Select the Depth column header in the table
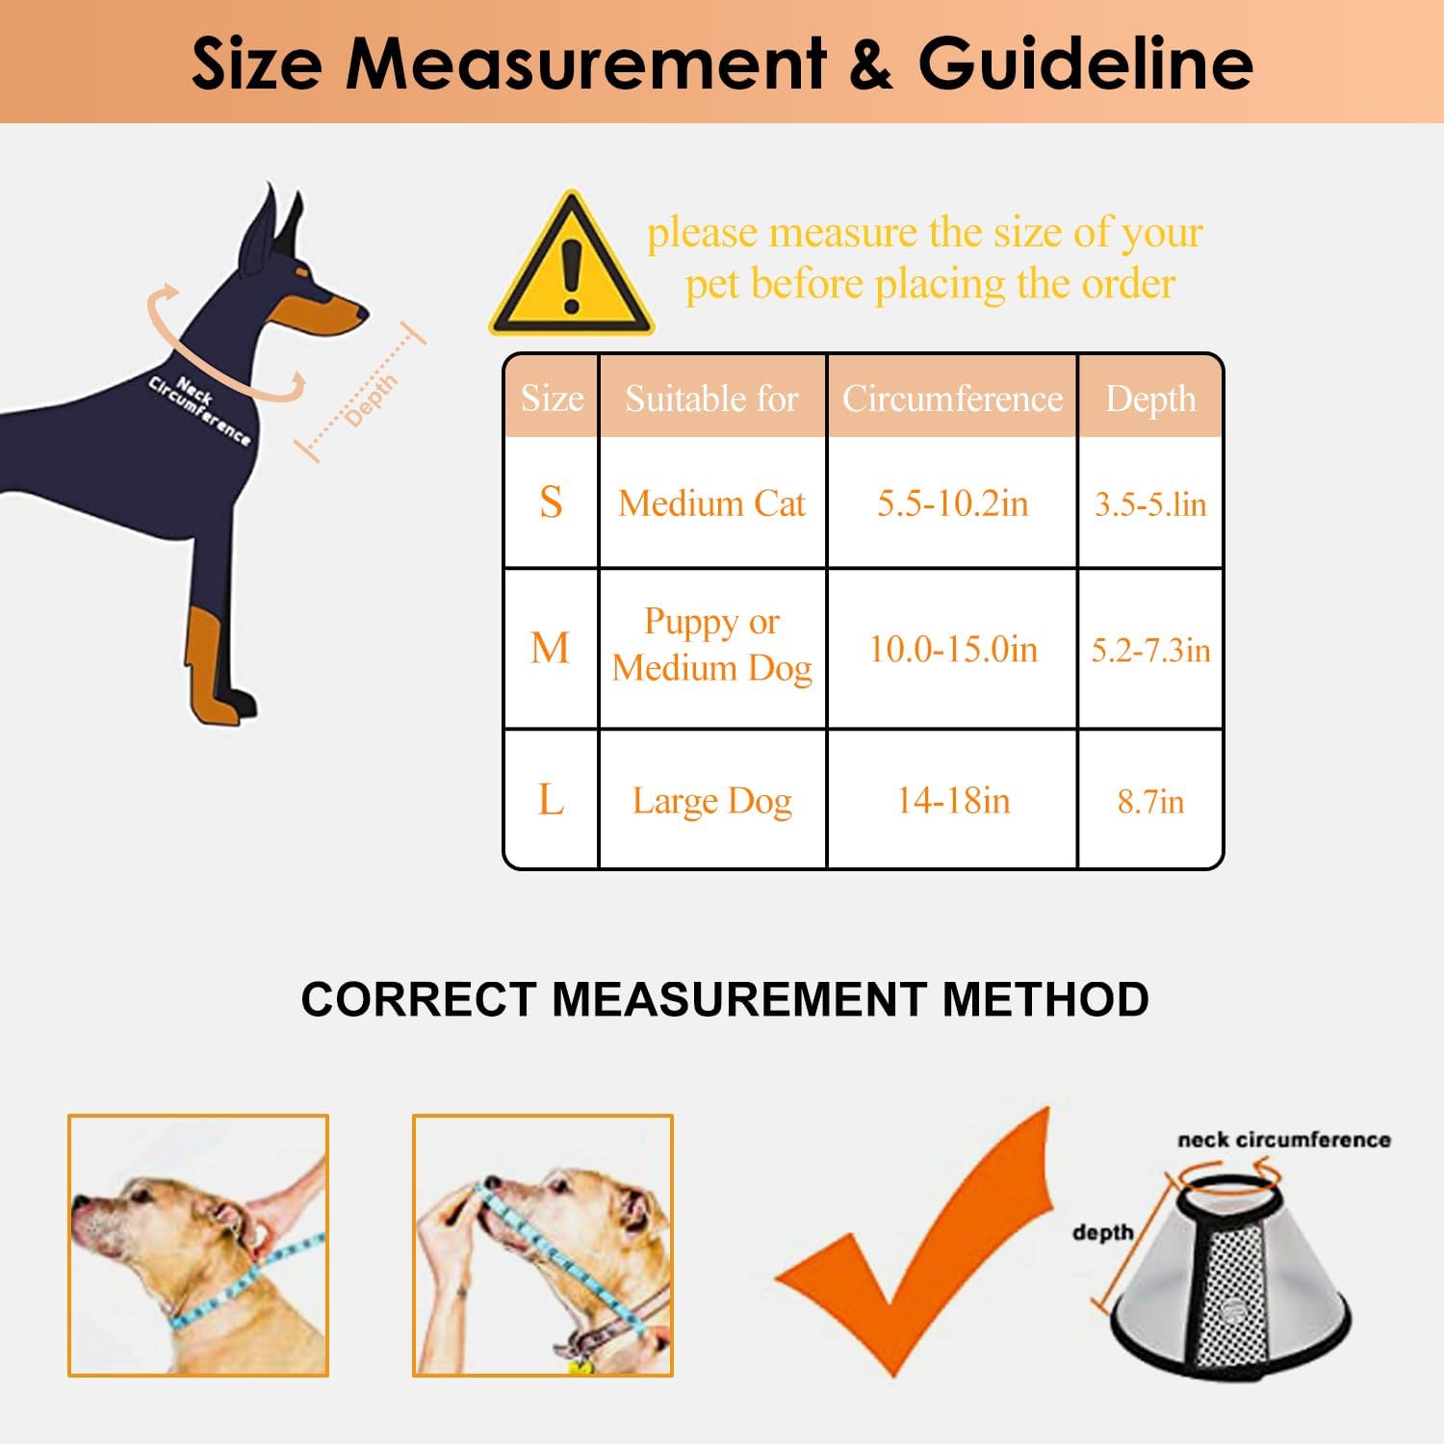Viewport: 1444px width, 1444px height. [1150, 398]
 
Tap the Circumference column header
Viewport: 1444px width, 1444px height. [952, 398]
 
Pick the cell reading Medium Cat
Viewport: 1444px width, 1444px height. [711, 503]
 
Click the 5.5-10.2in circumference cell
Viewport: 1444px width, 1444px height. [952, 503]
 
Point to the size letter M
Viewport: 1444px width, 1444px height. [550, 648]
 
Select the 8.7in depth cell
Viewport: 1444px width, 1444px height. [1150, 801]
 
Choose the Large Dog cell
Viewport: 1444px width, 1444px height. [711, 801]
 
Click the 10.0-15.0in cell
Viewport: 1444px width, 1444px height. [953, 649]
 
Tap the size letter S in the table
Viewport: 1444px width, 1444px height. [551, 503]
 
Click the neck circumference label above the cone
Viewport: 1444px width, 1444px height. [1283, 1140]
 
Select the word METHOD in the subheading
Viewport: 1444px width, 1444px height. [1045, 999]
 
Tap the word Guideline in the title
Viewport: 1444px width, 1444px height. [1085, 64]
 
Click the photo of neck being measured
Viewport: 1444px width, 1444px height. [198, 1246]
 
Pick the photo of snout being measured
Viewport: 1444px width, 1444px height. [543, 1246]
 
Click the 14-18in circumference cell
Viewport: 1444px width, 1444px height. [953, 801]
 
